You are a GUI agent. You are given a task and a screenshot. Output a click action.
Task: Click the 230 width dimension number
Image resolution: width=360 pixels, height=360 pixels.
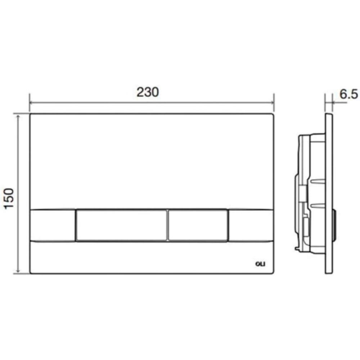[x=148, y=92]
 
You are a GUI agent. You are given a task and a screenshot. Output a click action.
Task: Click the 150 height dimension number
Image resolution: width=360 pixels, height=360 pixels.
[x=9, y=198]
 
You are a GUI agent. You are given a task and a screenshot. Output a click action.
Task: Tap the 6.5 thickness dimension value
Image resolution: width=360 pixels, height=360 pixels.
[x=348, y=94]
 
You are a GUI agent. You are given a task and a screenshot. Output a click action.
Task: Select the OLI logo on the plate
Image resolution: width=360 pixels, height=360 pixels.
[x=260, y=264]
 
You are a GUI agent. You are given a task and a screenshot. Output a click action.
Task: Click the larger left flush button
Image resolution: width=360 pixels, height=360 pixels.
[x=121, y=225]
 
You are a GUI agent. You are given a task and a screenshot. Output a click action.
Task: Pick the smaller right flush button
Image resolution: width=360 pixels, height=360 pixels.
[x=198, y=225]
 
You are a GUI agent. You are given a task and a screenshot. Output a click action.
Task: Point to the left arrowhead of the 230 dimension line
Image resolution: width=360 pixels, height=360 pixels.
[x=32, y=103]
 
